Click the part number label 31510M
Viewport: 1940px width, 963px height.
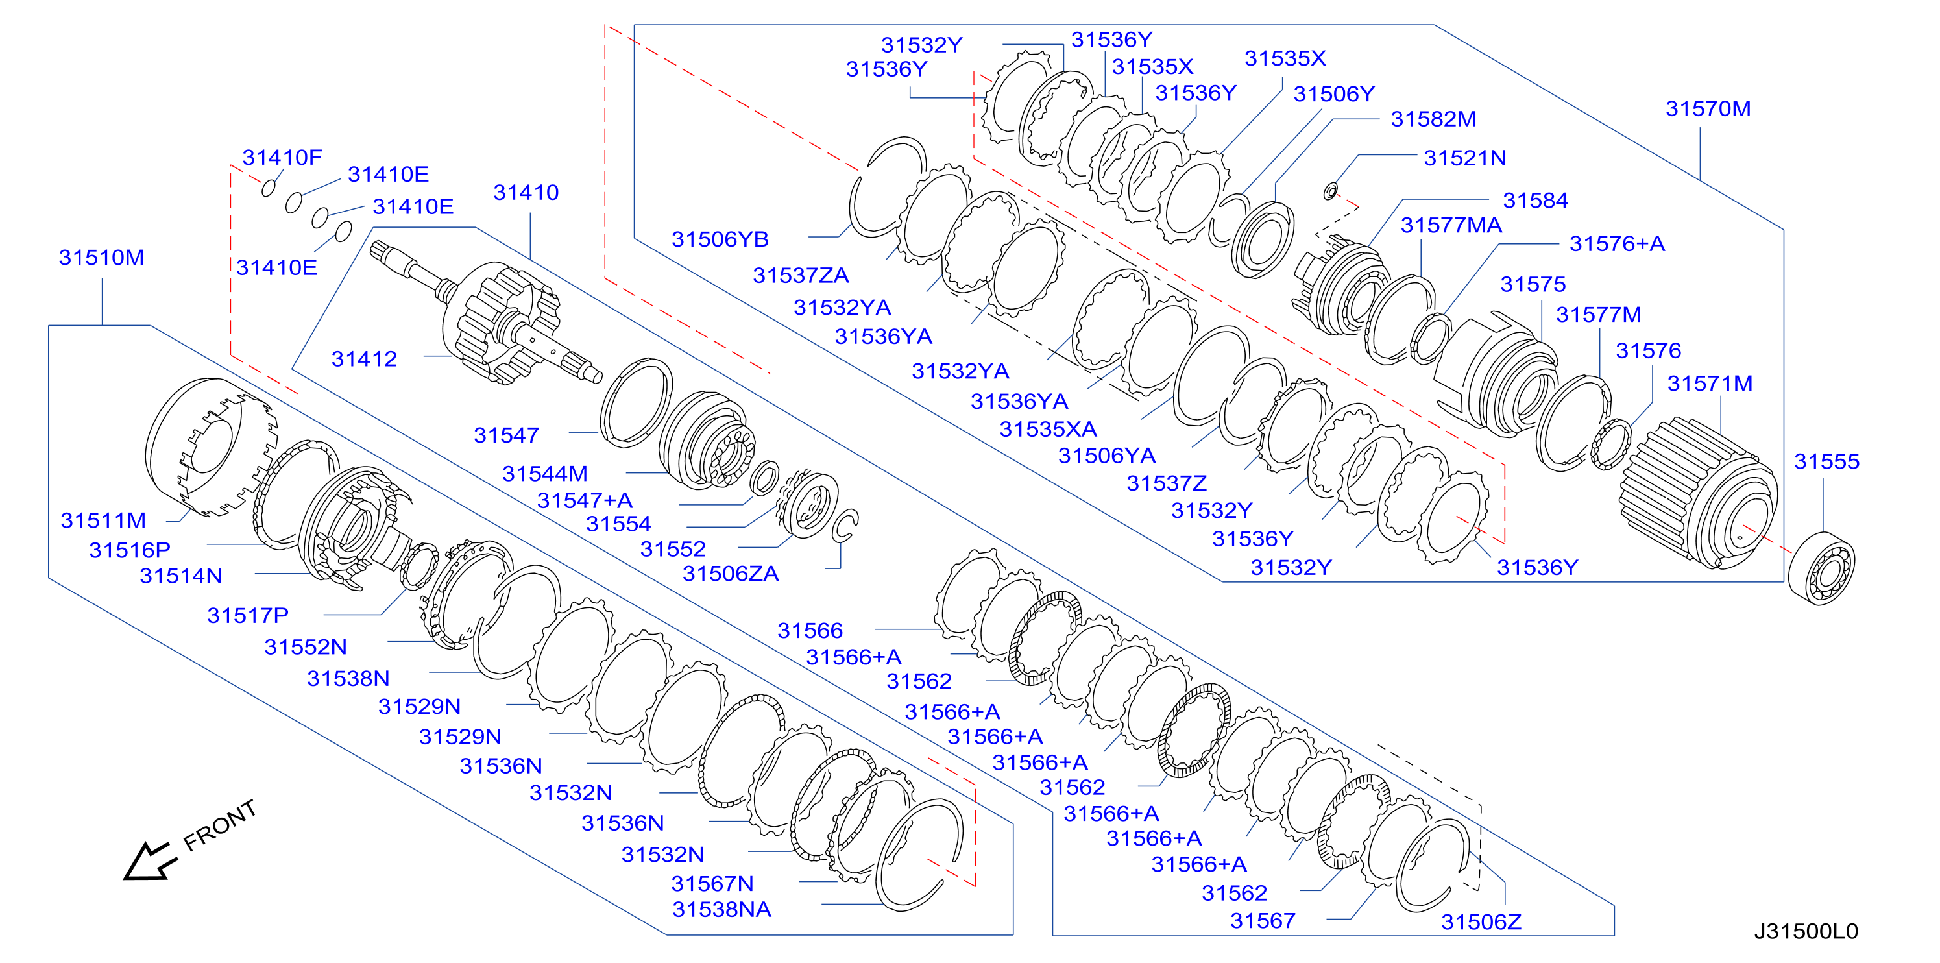(102, 258)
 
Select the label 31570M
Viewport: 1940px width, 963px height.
(1708, 108)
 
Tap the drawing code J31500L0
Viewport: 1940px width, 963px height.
(1806, 931)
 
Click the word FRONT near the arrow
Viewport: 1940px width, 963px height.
(220, 825)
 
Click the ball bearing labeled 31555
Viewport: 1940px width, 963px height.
(1821, 568)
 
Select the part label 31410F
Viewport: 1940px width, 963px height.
(282, 157)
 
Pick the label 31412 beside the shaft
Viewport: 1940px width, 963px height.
(364, 359)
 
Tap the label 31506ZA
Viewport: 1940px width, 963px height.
(730, 574)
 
